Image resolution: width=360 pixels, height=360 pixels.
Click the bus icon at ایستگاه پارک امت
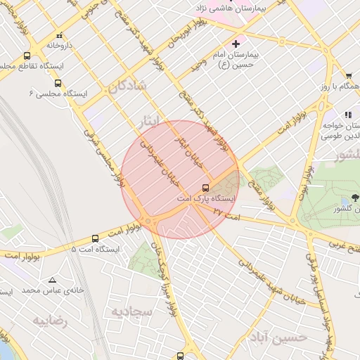205,188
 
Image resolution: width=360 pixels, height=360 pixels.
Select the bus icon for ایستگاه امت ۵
96,238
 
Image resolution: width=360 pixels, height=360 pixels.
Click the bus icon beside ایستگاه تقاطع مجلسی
27,56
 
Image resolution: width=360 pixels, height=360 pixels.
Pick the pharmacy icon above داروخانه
59,35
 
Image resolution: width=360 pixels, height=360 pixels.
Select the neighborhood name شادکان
127,87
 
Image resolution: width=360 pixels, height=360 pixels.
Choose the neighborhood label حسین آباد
278,337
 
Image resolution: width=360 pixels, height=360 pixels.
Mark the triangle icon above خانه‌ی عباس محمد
52,280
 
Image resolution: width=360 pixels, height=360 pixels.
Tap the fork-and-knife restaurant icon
348,114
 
